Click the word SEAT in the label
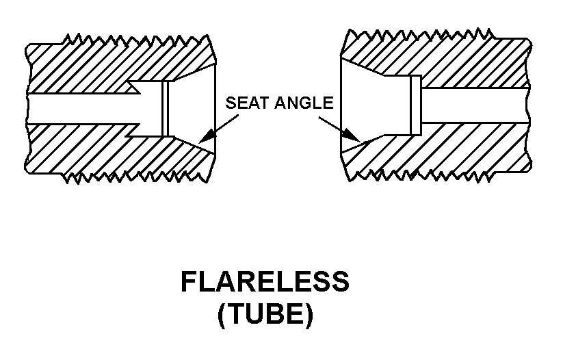tap(248, 104)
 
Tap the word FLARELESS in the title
tap(265, 283)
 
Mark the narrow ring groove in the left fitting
tap(165, 109)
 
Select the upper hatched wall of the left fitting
tap(103, 65)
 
